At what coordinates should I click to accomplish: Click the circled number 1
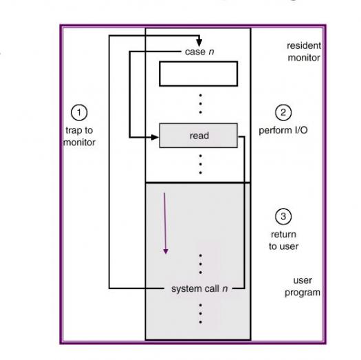[x=79, y=113]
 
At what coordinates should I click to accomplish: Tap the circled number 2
[x=283, y=112]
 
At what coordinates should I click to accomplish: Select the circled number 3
[x=283, y=216]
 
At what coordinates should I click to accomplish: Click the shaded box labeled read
[x=199, y=136]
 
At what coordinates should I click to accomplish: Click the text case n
[x=199, y=52]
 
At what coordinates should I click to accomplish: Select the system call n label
[x=199, y=288]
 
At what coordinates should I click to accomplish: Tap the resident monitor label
[x=304, y=52]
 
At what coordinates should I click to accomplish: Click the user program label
[x=303, y=286]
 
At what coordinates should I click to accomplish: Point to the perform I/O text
[x=283, y=130]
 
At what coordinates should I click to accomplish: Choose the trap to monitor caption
[x=79, y=136]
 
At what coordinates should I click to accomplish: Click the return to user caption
[x=283, y=240]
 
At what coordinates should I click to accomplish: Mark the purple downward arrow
[x=165, y=223]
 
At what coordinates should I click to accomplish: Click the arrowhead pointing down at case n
[x=199, y=43]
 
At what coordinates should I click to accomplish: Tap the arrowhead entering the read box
[x=155, y=138]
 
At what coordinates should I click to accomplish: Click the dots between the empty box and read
[x=201, y=104]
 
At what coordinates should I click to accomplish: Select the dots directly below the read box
[x=201, y=165]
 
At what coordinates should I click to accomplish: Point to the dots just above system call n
[x=201, y=264]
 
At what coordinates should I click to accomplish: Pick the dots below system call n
[x=201, y=314]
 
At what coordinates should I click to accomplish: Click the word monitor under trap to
[x=79, y=142]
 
